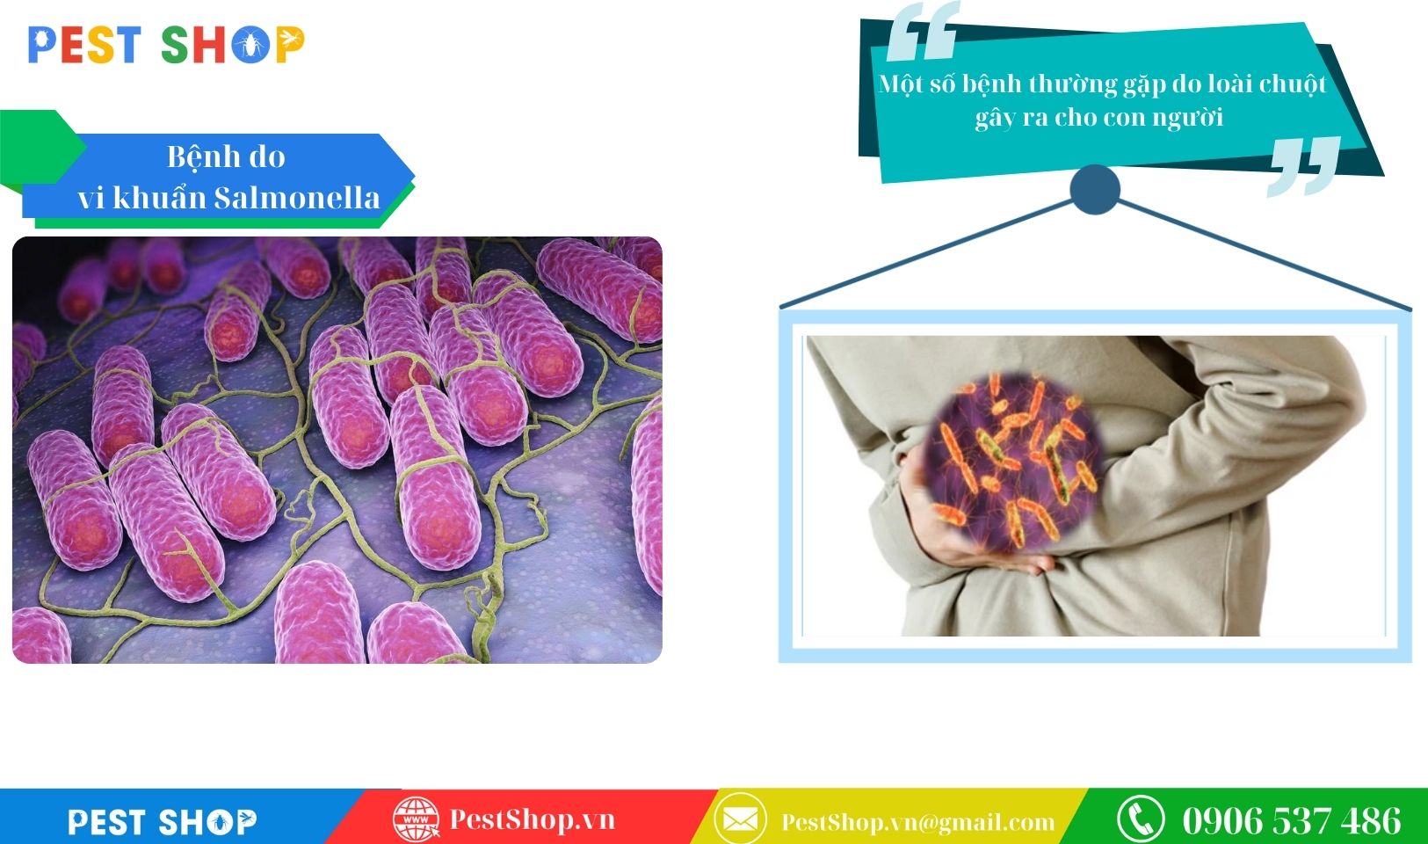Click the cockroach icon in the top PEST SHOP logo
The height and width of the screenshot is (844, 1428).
point(250,46)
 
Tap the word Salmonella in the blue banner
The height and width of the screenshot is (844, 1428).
point(296,198)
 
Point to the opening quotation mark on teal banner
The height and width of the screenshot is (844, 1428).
point(923,31)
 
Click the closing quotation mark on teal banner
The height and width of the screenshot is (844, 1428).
point(1304,165)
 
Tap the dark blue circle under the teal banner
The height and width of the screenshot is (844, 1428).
point(1095,190)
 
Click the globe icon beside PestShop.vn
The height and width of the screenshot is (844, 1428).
point(416,819)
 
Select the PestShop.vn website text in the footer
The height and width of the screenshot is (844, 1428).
point(533,819)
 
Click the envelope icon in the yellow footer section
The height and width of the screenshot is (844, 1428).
point(740,819)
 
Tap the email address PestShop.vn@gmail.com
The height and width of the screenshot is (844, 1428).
point(918,822)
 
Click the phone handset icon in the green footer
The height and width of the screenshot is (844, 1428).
point(1141,819)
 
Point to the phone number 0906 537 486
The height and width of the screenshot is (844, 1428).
point(1292,820)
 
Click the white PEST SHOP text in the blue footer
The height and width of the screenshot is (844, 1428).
point(163,822)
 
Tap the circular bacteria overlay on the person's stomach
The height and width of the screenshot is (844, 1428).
point(1013,462)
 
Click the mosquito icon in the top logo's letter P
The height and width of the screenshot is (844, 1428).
point(291,40)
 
